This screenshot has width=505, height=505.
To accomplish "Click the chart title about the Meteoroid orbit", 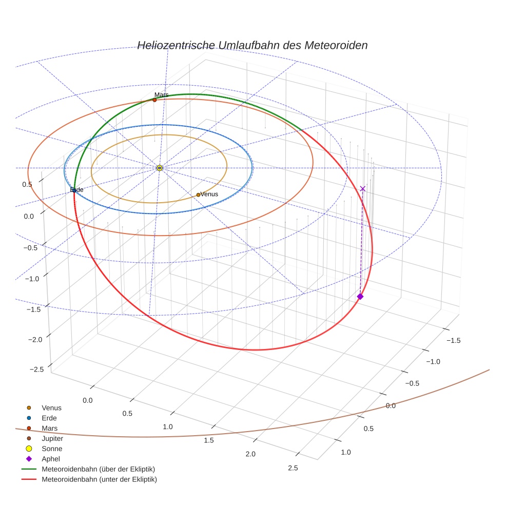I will click(252, 45).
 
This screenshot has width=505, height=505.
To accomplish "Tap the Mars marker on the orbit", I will click(154, 100).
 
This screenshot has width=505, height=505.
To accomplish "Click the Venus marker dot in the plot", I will click(198, 195).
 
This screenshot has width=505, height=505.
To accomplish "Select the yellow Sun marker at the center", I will click(160, 168).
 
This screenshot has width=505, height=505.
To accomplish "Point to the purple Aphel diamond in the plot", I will click(360, 297).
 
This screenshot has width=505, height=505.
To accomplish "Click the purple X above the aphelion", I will click(363, 189).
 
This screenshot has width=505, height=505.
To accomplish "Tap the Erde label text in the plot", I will click(76, 190).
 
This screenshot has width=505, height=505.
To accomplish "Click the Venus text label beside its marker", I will click(209, 194).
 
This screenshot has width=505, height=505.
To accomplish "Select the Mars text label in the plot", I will click(162, 95).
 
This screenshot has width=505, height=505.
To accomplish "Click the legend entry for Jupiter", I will click(52, 438).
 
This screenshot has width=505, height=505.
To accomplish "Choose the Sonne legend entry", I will click(52, 449).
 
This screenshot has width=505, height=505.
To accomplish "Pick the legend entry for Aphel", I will click(51, 459).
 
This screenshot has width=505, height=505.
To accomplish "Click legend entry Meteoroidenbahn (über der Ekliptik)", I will click(98, 469).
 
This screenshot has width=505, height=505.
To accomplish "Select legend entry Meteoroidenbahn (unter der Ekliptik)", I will click(99, 479).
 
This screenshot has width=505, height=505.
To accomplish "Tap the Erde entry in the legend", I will click(49, 418).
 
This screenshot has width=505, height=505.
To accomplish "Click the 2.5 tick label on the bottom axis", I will click(293, 467).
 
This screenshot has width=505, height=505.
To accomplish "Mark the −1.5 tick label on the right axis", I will click(453, 340).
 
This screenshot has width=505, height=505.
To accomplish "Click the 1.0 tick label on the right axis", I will click(345, 452).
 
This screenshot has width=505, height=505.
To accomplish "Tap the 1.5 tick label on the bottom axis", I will click(208, 440).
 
